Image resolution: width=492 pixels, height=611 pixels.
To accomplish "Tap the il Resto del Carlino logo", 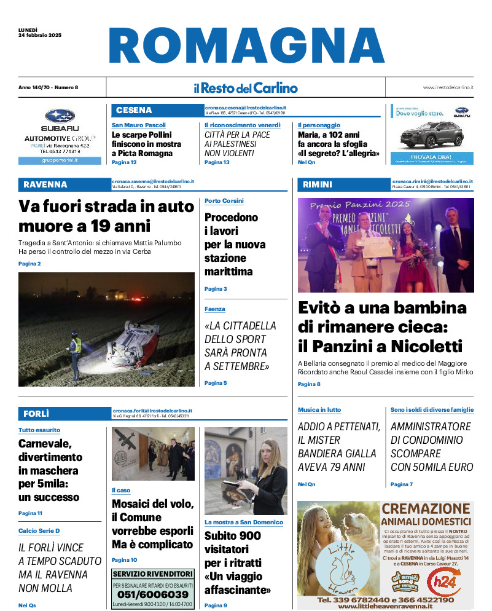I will point(246,88).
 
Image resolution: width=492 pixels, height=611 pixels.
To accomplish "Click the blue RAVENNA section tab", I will point(45,184).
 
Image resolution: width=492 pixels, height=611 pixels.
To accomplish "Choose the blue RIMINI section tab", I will point(318,184).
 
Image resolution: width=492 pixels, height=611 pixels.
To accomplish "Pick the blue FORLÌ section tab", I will point(36,413).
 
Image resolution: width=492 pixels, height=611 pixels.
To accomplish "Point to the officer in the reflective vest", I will point(76,353).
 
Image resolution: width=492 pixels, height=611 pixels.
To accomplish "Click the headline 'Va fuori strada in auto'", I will point(106,207).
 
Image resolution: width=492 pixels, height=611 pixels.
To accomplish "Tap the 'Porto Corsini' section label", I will point(224,201).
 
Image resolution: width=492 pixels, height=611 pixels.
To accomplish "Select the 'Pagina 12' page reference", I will point(124,162).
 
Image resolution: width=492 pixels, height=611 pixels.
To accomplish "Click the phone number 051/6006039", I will point(153,594).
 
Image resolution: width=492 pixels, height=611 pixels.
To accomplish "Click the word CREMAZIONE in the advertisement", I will point(425,509).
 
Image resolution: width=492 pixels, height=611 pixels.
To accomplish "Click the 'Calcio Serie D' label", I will point(39,530).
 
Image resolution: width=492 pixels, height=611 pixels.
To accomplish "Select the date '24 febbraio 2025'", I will point(41,35).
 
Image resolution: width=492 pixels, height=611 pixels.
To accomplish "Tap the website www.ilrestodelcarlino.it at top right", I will point(447,88).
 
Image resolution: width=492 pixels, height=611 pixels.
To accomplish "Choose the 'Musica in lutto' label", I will point(319,409).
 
